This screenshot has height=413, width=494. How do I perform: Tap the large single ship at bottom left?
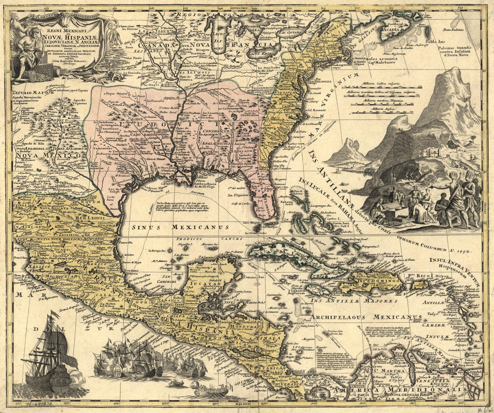point(49,355)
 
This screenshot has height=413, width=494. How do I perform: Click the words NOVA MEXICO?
point(49,156)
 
